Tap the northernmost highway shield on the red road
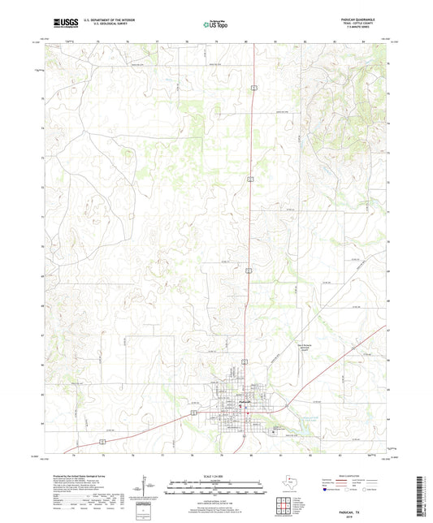(253, 85)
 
